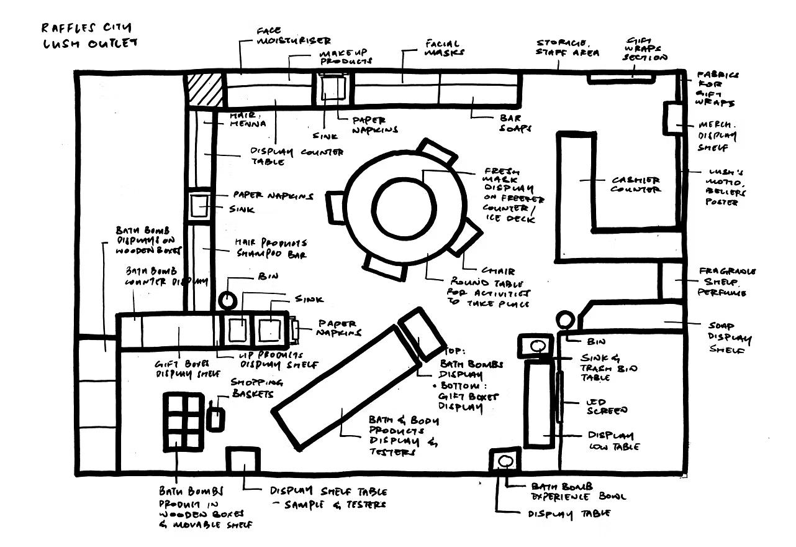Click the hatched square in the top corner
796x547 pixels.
(205, 90)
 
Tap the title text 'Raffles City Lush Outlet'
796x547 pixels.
(89, 35)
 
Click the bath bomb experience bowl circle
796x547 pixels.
(504, 461)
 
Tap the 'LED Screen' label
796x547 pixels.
(607, 407)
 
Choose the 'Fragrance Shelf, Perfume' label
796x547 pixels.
(727, 282)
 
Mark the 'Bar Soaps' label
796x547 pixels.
(515, 122)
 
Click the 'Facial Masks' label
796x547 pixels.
(443, 48)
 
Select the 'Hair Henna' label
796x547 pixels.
(248, 119)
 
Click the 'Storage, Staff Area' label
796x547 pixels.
(568, 48)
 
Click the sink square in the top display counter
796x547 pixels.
(332, 87)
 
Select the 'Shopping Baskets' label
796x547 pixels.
(256, 387)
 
